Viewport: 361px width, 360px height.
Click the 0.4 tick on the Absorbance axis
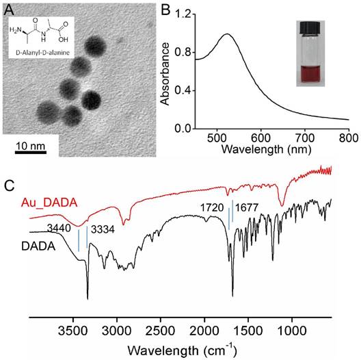pyautogui.click(x=180, y=91)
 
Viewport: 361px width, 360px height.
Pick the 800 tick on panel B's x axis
pyautogui.click(x=348, y=139)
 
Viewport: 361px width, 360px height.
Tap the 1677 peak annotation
pyautogui.click(x=248, y=205)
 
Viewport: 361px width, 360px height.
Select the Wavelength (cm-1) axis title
pyautogui.click(x=180, y=349)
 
